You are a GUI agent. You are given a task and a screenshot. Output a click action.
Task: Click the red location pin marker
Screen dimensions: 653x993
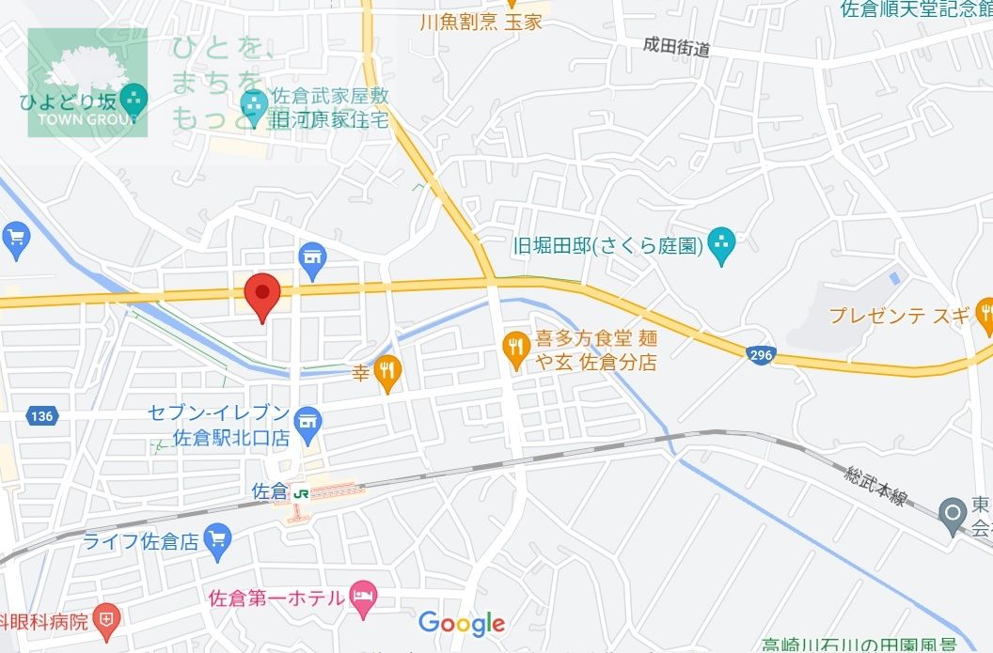click(261, 295)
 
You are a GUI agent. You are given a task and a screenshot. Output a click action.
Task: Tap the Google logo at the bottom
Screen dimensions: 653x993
click(462, 623)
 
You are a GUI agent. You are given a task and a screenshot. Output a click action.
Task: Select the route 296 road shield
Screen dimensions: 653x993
click(762, 354)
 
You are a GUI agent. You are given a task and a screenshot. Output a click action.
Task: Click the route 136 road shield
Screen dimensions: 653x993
click(40, 416)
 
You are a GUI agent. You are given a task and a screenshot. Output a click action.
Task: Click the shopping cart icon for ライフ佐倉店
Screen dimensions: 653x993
click(218, 539)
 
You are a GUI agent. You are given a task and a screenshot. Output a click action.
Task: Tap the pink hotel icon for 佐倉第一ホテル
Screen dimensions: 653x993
click(363, 595)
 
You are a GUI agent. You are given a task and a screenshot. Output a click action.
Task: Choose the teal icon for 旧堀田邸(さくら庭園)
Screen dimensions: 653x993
click(721, 246)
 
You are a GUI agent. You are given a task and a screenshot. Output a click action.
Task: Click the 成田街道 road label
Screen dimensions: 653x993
click(676, 47)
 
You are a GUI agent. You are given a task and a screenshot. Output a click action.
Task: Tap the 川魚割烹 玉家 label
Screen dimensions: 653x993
click(481, 22)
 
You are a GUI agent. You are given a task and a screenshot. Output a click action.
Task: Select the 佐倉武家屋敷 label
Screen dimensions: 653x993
click(329, 98)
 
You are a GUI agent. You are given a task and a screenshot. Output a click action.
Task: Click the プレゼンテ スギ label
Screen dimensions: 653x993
click(898, 316)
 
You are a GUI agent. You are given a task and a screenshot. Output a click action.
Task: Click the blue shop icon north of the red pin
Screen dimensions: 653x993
click(312, 256)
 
